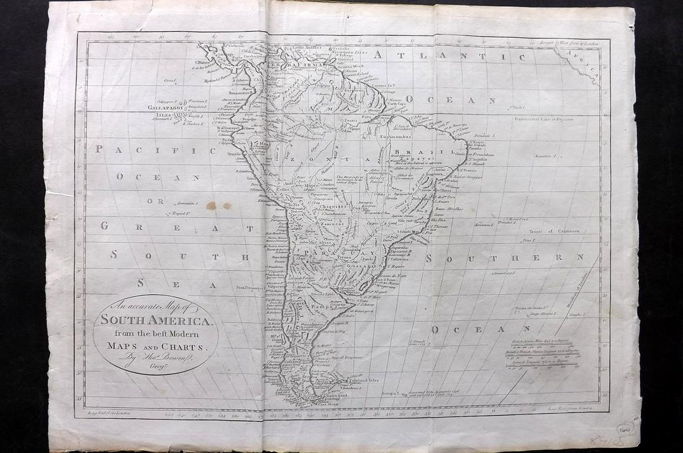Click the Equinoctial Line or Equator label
tap(546, 119)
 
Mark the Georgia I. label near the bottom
tap(390, 393)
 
